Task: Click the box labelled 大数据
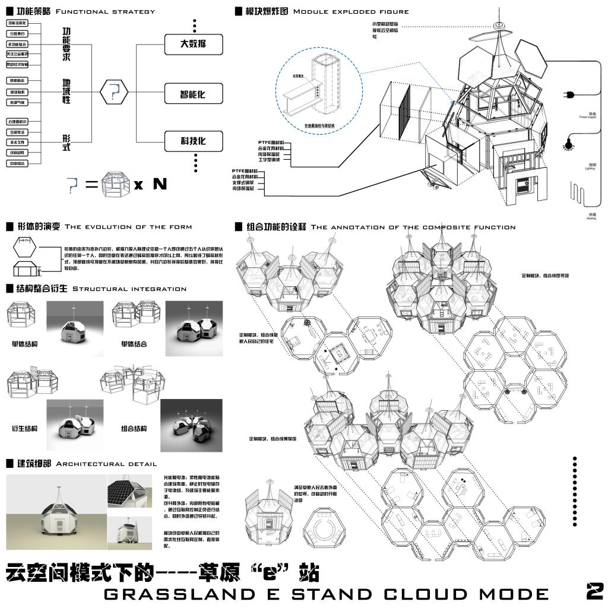(193, 44)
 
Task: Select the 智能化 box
(193, 94)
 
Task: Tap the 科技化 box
(193, 141)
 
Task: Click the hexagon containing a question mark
(115, 91)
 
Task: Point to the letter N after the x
(160, 184)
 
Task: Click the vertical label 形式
(66, 142)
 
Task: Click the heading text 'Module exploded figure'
(351, 11)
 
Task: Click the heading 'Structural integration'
(129, 289)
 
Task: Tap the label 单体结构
(24, 344)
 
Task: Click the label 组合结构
(134, 428)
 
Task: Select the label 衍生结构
(24, 428)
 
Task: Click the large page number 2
(594, 591)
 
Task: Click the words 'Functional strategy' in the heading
(105, 11)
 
